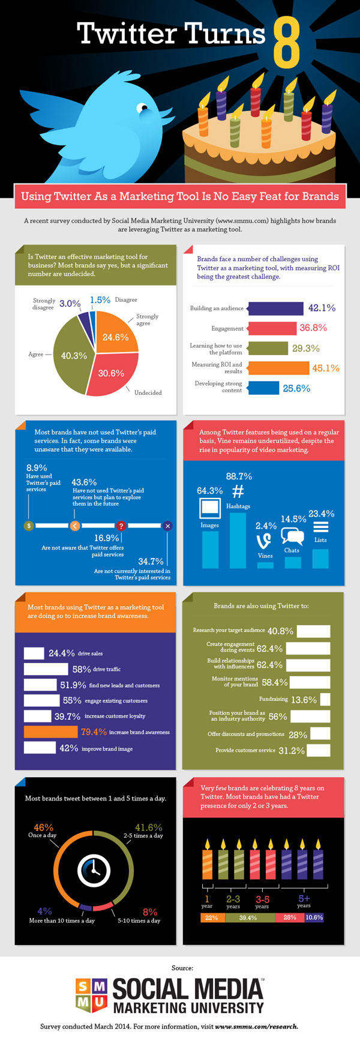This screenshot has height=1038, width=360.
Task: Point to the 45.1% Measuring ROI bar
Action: pyautogui.click(x=278, y=368)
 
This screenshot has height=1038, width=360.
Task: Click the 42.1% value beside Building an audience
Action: pyautogui.click(x=322, y=308)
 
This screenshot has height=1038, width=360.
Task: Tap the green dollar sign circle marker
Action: pyautogui.click(x=29, y=526)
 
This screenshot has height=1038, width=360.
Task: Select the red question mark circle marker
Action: pyautogui.click(x=121, y=526)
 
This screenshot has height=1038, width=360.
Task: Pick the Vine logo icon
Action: pyautogui.click(x=265, y=541)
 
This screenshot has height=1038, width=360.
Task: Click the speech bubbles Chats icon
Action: pyautogui.click(x=292, y=536)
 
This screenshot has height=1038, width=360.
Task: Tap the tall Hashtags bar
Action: pyautogui.click(x=238, y=540)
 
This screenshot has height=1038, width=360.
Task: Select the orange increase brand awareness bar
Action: pyautogui.click(x=52, y=732)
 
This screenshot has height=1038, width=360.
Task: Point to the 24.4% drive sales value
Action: pyautogui.click(x=61, y=653)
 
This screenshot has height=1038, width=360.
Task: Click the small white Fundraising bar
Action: pyautogui.click(x=325, y=700)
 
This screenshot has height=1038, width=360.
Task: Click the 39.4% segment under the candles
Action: pyautogui.click(x=248, y=917)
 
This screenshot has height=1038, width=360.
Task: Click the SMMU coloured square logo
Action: pyautogui.click(x=92, y=994)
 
